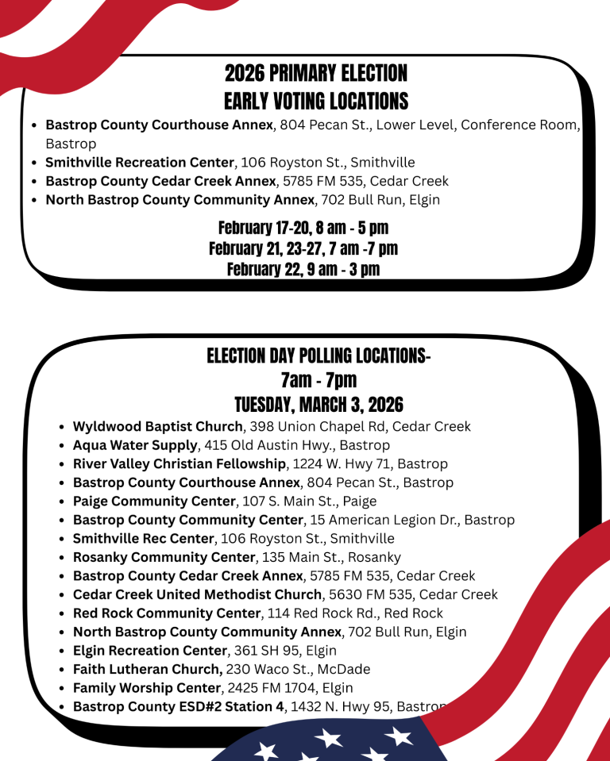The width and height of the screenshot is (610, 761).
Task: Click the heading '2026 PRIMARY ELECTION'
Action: click(x=315, y=74)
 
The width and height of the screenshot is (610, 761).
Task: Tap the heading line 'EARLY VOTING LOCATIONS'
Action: click(x=315, y=102)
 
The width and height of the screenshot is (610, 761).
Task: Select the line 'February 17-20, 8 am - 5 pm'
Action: click(x=303, y=229)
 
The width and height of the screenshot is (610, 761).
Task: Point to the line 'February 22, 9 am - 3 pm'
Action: click(x=303, y=270)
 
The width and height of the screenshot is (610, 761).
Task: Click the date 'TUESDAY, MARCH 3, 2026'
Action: click(x=319, y=405)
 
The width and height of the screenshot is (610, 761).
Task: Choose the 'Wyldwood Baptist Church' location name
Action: click(x=157, y=427)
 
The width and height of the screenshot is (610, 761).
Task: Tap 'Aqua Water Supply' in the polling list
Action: click(x=134, y=445)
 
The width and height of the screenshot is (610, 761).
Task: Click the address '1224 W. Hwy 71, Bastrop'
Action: click(x=370, y=464)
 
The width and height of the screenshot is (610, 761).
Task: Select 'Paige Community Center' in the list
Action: click(x=154, y=502)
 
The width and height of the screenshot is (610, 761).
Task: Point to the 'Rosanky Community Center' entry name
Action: click(x=164, y=557)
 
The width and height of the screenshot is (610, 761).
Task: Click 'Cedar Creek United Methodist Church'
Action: click(x=198, y=594)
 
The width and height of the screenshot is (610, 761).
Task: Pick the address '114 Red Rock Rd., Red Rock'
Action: click(x=355, y=613)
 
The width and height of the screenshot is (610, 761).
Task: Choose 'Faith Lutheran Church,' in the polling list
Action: click(x=148, y=669)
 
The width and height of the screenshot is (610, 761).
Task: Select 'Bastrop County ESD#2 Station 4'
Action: click(x=178, y=706)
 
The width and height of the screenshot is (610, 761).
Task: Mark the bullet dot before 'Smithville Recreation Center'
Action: click(x=33, y=163)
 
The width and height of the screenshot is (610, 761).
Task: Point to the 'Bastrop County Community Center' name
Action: click(x=188, y=521)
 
